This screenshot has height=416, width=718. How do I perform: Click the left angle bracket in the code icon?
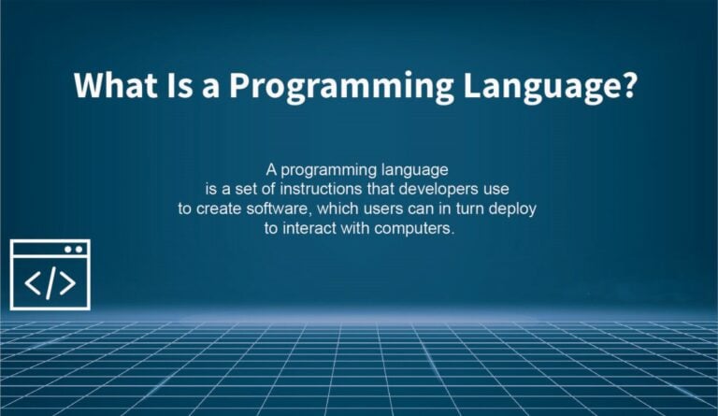pyautogui.click(x=32, y=283)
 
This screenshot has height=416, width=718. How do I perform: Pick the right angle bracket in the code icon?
pyautogui.click(x=68, y=283)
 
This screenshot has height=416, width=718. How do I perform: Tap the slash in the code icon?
pyautogui.click(x=50, y=283)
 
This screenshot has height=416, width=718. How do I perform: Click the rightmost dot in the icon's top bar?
pyautogui.click(x=80, y=249)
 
